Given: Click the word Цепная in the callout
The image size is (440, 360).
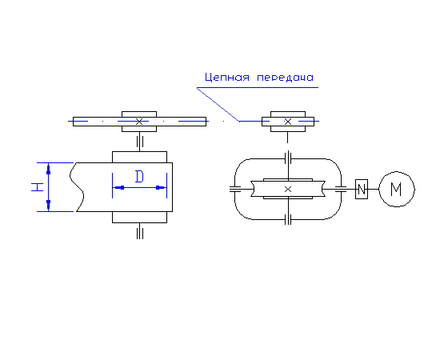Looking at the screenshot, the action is click(x=227, y=77).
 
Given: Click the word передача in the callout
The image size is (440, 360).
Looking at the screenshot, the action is click(x=285, y=78).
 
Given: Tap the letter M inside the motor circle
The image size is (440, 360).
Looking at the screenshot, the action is click(x=396, y=189).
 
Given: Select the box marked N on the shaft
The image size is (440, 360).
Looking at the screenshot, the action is click(x=362, y=189).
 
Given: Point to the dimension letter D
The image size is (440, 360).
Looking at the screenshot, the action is click(x=139, y=177).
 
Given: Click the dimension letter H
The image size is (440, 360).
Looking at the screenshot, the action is click(x=38, y=187).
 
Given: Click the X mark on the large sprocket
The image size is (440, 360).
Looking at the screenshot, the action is click(x=139, y=122).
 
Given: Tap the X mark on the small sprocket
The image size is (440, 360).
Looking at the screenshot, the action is click(x=288, y=122).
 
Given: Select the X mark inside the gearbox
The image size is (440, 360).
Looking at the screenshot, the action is click(x=288, y=190).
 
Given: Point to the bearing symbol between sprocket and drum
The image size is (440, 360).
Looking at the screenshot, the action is click(x=140, y=142).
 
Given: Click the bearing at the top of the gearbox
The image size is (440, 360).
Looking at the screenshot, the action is click(x=288, y=158).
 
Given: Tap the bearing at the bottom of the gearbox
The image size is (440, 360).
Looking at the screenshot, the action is click(x=288, y=219).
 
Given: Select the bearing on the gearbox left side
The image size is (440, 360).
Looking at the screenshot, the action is click(x=235, y=189).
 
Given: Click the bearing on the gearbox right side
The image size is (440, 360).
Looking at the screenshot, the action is click(x=341, y=189).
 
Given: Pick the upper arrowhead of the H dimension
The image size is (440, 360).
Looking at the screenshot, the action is click(x=48, y=169).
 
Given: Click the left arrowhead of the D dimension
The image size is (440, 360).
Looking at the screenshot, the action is click(x=118, y=187).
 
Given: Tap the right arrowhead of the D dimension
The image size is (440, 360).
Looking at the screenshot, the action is click(x=161, y=187).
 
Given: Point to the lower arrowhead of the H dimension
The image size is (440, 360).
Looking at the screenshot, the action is click(x=48, y=205).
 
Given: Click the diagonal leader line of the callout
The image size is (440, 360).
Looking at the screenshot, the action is click(x=218, y=104).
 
